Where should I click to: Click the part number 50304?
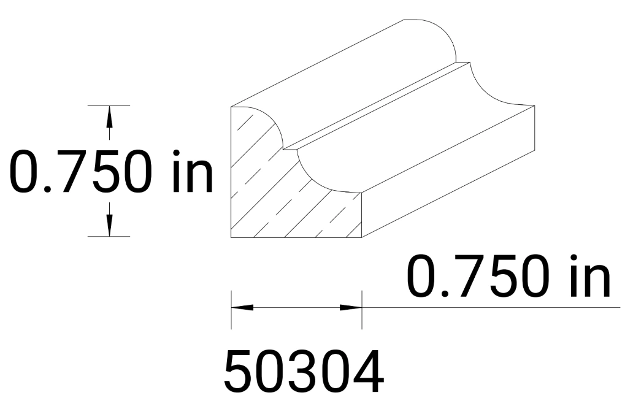304,373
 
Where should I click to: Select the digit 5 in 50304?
239,373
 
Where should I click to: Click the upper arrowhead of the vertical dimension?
110,115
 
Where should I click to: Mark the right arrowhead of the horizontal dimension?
351,307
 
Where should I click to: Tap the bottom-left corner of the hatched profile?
231,237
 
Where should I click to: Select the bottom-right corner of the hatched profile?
361,237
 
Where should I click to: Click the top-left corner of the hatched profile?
231,107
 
